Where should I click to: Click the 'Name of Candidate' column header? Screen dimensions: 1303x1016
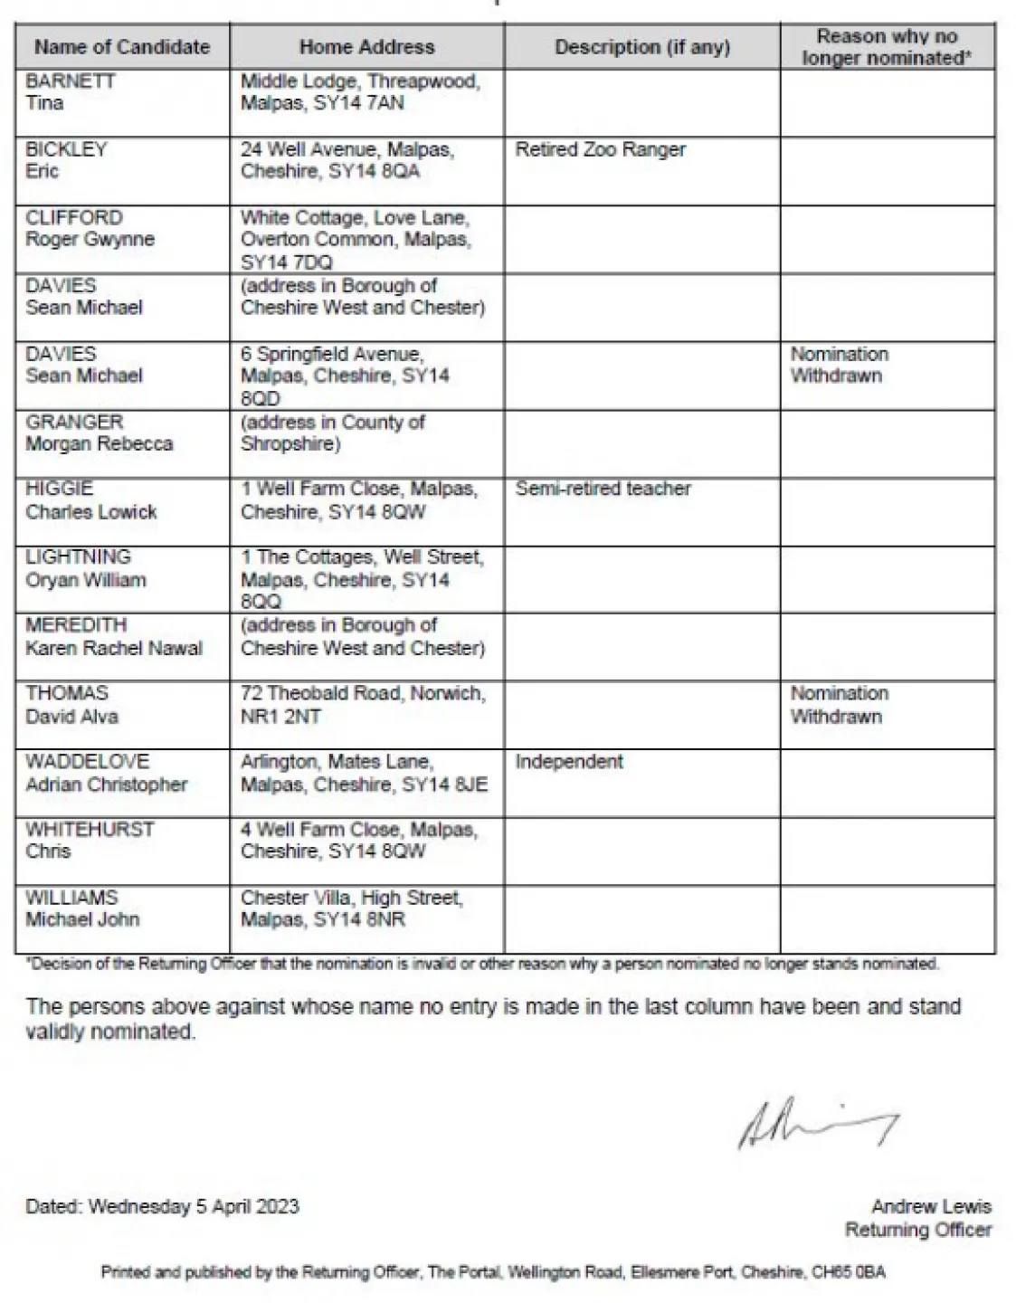coord(122,47)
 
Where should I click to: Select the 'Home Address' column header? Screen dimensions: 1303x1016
coord(366,47)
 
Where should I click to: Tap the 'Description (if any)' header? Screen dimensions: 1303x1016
coord(641,47)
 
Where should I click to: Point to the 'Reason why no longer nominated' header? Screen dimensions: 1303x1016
coord(887,47)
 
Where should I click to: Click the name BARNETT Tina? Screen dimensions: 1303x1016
coord(71,91)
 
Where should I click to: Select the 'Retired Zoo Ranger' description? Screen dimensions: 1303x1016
coord(600,149)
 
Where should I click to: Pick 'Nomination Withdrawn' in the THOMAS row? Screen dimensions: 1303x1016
coord(839,705)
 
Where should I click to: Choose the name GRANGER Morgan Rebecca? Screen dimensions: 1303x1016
coord(99,433)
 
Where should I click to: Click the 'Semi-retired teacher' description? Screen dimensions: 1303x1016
coord(603,489)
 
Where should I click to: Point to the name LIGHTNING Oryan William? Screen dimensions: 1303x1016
coord(85,568)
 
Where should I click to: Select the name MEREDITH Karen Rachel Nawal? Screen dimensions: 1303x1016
coord(113,636)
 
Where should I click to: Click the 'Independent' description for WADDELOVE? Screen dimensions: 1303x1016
coord(569,762)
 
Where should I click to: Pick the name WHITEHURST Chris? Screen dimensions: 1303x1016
coord(89,840)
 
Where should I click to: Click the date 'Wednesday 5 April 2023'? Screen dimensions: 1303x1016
coord(194,1206)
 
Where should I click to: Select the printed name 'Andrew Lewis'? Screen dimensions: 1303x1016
coord(931,1206)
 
